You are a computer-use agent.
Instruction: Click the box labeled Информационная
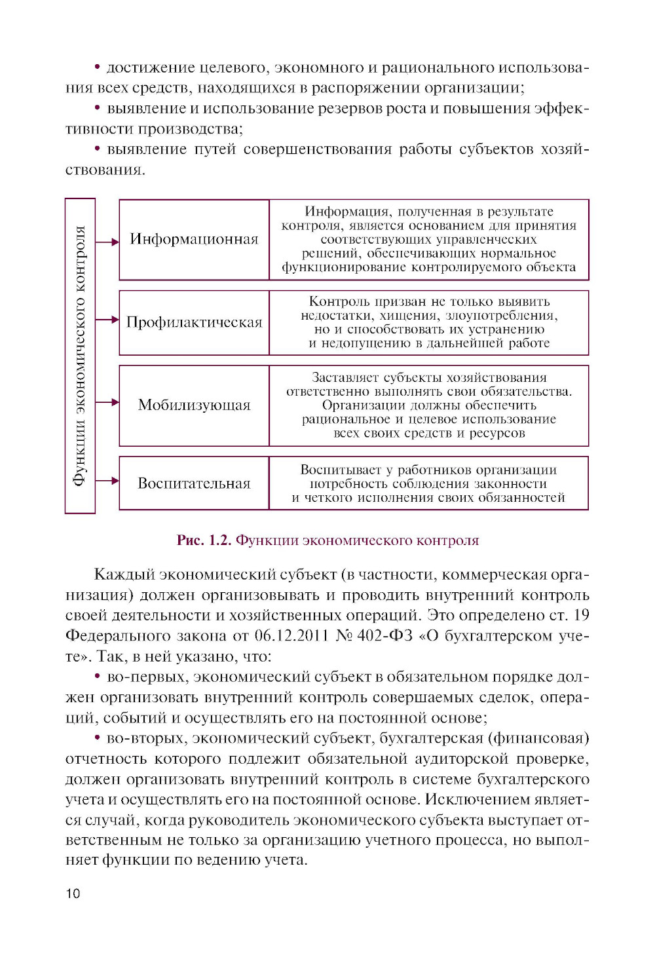pos(194,239)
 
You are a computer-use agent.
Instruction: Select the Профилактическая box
pos(194,322)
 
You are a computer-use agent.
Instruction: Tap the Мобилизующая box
pos(194,405)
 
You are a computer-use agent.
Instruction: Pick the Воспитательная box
pos(194,483)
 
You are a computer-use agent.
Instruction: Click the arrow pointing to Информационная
pos(107,242)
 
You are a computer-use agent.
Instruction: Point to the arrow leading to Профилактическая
pos(107,320)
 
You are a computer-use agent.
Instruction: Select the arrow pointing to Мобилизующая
pos(107,402)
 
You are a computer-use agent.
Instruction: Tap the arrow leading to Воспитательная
pos(107,481)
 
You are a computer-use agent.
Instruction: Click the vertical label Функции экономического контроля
pos(80,355)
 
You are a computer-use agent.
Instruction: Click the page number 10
pos(73,893)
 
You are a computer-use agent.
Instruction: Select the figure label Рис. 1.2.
pos(204,540)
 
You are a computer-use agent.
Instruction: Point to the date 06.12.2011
pos(291,635)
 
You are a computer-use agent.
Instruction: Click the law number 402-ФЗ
pos(384,635)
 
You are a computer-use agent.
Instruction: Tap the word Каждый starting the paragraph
pos(124,574)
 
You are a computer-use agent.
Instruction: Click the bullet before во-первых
pos(97,676)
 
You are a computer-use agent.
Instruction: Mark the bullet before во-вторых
pos(97,738)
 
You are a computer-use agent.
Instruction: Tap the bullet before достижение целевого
pos(97,67)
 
